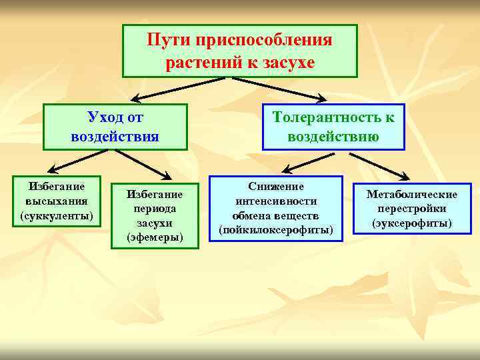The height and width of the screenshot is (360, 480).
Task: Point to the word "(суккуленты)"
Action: (x=57, y=216)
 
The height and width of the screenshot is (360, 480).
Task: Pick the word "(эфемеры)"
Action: (x=155, y=237)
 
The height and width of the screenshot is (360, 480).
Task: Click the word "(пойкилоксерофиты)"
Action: (x=276, y=229)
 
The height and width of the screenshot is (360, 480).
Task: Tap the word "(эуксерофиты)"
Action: (x=412, y=223)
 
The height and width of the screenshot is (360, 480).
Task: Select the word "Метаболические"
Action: (x=412, y=194)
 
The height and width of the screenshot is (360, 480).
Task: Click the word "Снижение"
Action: (x=276, y=187)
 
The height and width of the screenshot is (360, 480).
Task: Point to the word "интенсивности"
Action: (x=276, y=201)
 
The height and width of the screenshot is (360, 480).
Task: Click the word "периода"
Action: (x=155, y=209)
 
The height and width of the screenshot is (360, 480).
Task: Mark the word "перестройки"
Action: (x=412, y=208)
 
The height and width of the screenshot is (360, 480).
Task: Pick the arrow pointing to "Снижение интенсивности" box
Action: (x=307, y=161)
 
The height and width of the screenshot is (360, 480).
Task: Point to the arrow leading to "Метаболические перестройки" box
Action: (x=380, y=165)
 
